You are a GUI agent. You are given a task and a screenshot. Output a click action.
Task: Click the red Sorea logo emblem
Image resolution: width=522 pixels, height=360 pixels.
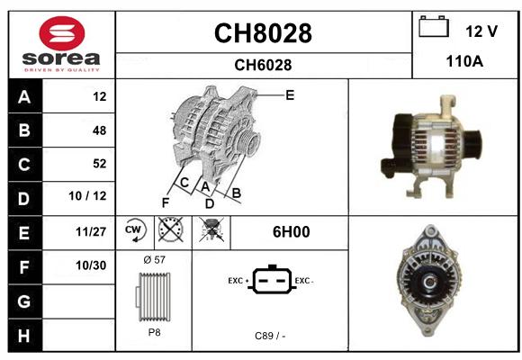pyautogui.click(x=62, y=33)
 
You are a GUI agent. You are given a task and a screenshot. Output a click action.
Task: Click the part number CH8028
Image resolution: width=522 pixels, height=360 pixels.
pyautogui.click(x=263, y=33)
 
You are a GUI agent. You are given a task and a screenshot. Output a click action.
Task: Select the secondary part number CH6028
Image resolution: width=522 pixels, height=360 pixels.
pyautogui.click(x=263, y=65)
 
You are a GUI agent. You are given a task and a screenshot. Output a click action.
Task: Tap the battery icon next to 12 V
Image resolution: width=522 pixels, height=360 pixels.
pyautogui.click(x=434, y=26)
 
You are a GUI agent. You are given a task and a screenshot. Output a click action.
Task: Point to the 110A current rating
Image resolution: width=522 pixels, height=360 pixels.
pyautogui.click(x=464, y=61)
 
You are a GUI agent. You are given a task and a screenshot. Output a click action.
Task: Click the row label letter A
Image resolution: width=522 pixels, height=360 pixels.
pyautogui.click(x=24, y=97)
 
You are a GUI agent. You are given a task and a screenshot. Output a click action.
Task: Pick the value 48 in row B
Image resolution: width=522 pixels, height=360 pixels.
pyautogui.click(x=100, y=130)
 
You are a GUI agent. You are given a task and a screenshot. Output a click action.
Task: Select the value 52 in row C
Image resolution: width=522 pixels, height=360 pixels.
pyautogui.click(x=100, y=164)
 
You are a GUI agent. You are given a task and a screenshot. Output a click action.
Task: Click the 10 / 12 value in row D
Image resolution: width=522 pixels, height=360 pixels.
pyautogui.click(x=87, y=196)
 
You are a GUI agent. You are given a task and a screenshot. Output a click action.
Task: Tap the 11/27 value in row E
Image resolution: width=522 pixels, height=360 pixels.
pyautogui.click(x=91, y=231)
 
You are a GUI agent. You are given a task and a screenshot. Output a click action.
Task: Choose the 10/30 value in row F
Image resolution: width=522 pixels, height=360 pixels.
pyautogui.click(x=91, y=265)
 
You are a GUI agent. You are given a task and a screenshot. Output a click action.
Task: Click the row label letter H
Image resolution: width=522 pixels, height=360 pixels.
pyautogui.click(x=24, y=336)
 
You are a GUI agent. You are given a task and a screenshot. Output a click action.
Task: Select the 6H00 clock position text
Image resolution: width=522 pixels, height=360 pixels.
pyautogui.click(x=292, y=232)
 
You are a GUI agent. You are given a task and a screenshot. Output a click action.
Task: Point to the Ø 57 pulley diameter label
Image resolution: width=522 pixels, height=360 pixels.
pyautogui.click(x=154, y=259)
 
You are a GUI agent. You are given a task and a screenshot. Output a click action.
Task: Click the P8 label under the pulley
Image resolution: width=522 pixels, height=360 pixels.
pyautogui.click(x=154, y=332)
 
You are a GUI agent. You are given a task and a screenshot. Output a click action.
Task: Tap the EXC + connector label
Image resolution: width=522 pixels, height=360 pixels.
pyautogui.click(x=238, y=281)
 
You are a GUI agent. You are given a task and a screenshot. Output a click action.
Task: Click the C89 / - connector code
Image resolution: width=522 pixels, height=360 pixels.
pyautogui.click(x=270, y=336)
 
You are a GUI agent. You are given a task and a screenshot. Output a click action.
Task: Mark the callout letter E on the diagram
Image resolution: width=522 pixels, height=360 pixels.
pyautogui.click(x=290, y=95)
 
